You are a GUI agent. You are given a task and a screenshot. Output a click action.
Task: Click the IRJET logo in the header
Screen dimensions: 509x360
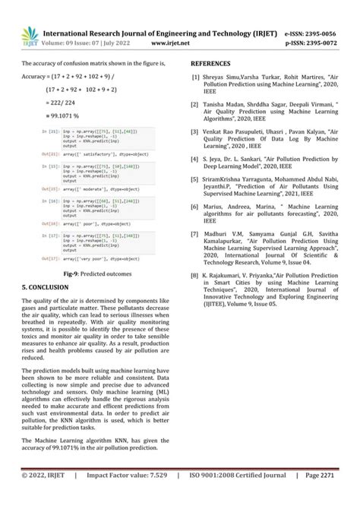click(30, 34)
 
